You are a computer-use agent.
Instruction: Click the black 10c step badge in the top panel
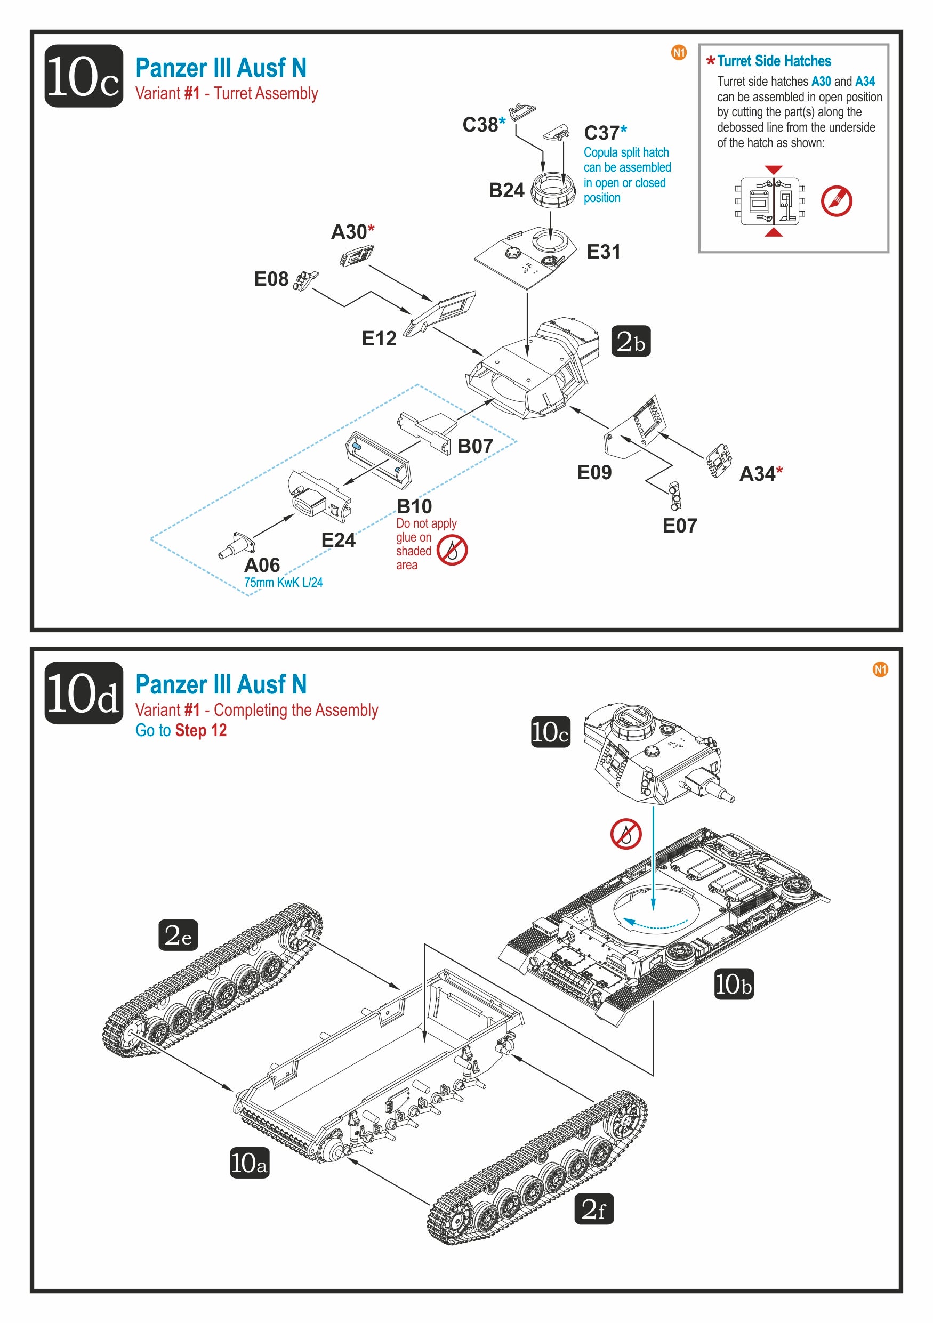tap(84, 76)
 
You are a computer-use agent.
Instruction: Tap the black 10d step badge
tap(84, 692)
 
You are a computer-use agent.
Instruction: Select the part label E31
tap(603, 252)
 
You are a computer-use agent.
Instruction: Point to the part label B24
tap(506, 191)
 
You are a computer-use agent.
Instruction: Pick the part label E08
tap(271, 279)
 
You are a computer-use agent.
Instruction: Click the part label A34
tap(757, 474)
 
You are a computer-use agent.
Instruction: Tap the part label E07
tap(679, 526)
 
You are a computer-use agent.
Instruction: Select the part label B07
tap(475, 446)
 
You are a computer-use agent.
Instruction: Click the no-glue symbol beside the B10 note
tap(452, 550)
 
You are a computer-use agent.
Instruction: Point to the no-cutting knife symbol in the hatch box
tap(836, 201)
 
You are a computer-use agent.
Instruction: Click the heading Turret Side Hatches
tap(774, 61)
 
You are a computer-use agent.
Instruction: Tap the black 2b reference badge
tap(631, 342)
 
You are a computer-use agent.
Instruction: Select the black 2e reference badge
tap(178, 934)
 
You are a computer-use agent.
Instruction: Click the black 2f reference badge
tap(593, 1208)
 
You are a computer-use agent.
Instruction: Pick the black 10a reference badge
tap(250, 1162)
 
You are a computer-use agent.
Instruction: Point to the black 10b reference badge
tap(734, 983)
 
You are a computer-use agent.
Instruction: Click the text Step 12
tap(200, 731)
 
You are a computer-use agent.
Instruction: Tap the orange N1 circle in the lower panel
tap(880, 669)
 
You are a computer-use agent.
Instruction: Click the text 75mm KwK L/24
tap(283, 583)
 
